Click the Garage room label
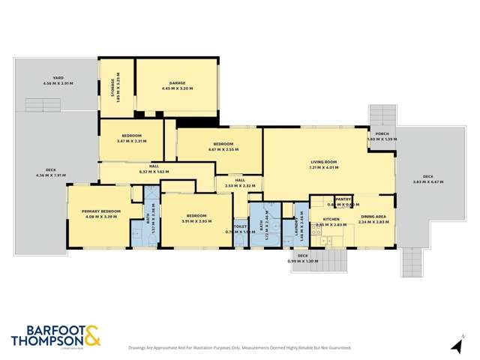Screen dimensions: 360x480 [177, 82]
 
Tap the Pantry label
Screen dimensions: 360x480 [343, 199]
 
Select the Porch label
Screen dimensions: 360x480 [381, 135]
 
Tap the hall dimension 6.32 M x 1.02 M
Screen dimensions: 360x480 [156, 172]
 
